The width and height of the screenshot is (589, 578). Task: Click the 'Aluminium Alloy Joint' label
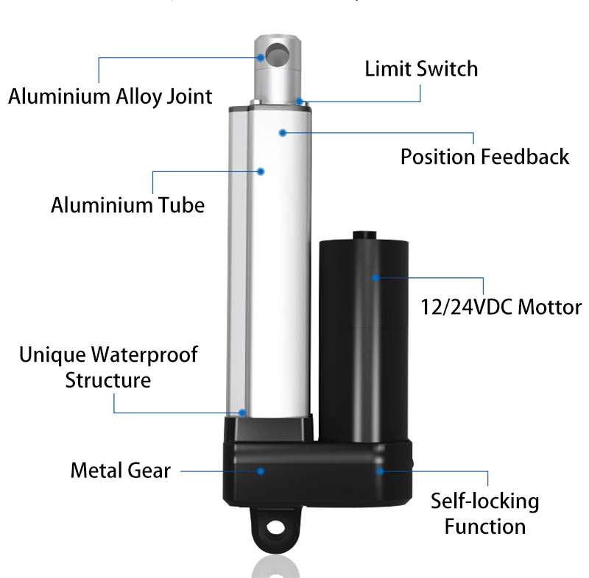coord(110,96)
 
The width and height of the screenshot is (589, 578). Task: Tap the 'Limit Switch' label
coord(421,69)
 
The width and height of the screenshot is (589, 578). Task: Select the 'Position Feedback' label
coord(484,157)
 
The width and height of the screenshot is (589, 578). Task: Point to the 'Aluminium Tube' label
coord(127,204)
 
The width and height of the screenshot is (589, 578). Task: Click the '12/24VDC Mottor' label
coord(499,307)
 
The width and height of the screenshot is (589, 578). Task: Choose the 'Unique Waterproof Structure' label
coord(108,367)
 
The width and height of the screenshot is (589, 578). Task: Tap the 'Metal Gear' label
coord(121,471)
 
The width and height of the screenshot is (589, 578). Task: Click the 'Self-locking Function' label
coord(485,514)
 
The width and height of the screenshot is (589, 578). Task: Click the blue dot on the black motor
coord(375,278)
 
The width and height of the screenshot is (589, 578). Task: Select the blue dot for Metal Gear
coord(261,471)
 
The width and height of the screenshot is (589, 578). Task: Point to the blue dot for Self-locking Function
coord(380,471)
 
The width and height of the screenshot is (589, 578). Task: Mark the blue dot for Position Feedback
coord(282,132)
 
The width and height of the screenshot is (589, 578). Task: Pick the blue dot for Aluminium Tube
coord(261,171)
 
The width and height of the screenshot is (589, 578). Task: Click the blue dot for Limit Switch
coord(299,101)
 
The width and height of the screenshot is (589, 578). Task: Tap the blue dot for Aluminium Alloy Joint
coord(261,57)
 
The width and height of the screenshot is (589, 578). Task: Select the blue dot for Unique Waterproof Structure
coord(242,413)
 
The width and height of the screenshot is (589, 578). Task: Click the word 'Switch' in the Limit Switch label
coord(447,69)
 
